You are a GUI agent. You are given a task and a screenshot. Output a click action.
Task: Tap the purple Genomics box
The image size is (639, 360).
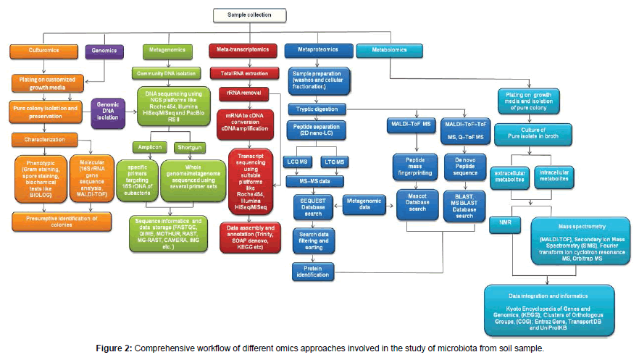click(x=104, y=51)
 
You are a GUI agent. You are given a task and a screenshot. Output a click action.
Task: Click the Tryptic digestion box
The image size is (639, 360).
click(x=322, y=109)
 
